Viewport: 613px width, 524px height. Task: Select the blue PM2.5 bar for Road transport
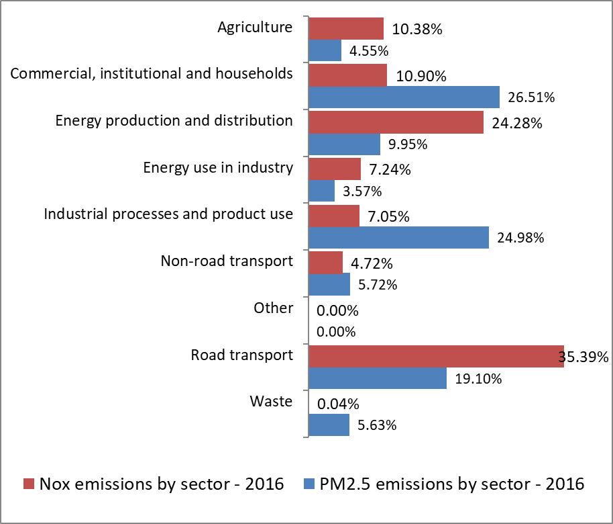coord(378,378)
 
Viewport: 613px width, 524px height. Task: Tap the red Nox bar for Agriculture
coord(346,28)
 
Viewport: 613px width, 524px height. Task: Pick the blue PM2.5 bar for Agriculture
coord(325,50)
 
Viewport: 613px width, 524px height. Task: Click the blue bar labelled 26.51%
coord(404,97)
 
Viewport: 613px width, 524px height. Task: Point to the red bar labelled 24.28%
coord(396,122)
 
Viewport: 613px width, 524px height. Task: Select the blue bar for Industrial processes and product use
coord(398,237)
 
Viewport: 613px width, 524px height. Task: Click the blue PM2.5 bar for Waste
coord(329,425)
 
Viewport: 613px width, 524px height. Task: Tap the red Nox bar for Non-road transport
coord(326,262)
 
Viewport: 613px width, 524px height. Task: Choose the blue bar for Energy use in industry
coord(321,191)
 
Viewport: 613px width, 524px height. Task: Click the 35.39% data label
coord(583,357)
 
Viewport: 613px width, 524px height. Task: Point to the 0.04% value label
coord(339,404)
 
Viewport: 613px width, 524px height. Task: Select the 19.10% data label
coord(478,379)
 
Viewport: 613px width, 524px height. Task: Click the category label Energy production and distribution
coord(174,121)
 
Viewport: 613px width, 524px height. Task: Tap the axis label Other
coord(273,308)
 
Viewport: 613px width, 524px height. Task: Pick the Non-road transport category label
coord(227,261)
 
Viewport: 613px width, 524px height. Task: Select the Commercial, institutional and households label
coord(152,74)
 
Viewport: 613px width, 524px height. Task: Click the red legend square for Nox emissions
coord(29,484)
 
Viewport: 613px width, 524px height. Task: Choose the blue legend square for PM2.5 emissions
coord(310,484)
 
